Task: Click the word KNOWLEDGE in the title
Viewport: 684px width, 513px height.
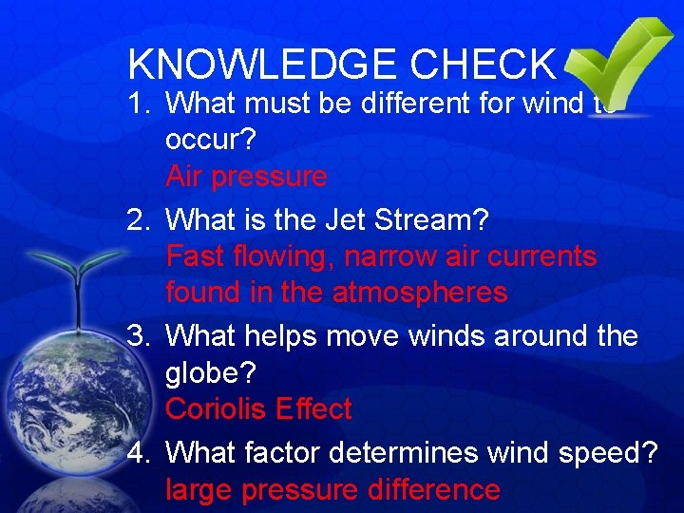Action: (x=262, y=64)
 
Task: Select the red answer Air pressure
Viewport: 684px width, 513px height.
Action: (x=246, y=178)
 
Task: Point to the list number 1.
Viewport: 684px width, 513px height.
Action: (x=139, y=102)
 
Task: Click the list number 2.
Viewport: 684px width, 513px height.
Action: (x=139, y=220)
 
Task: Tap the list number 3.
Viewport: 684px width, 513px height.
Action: (x=139, y=337)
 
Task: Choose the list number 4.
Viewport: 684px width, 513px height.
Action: (x=139, y=453)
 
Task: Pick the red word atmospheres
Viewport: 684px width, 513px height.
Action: (x=420, y=294)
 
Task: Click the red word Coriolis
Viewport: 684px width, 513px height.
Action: (x=216, y=409)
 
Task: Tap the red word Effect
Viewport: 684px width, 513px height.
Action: (x=313, y=409)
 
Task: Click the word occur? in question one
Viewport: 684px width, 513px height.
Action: (x=209, y=140)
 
